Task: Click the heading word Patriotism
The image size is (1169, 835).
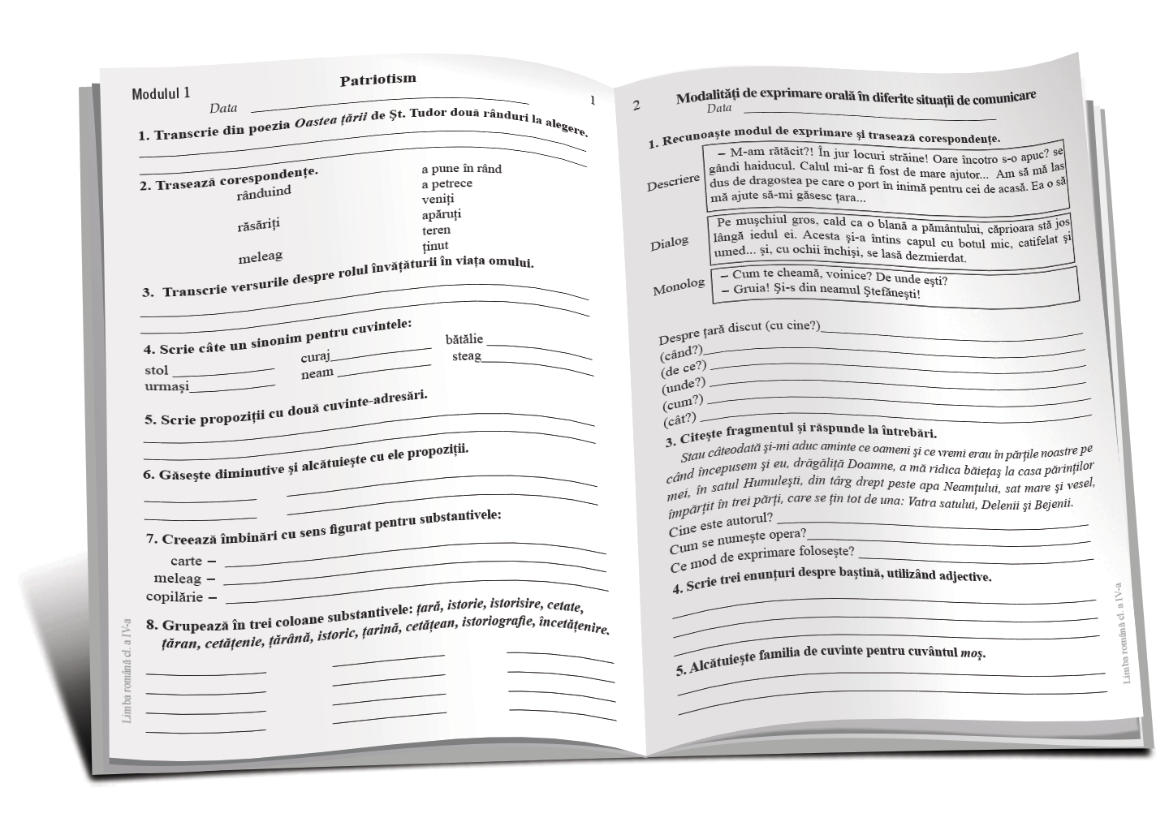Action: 377,79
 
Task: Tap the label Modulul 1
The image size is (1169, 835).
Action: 161,93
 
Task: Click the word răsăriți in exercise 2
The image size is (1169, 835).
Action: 264,224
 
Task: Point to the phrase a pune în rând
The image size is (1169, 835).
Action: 461,169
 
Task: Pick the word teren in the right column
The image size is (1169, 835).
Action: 436,230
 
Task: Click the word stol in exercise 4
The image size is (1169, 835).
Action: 157,370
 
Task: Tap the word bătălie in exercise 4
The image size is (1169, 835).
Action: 464,339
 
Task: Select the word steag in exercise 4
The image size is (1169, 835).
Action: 466,355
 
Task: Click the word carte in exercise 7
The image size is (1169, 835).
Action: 186,561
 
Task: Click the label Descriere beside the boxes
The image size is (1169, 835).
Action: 673,183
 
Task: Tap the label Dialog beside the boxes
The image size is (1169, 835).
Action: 669,243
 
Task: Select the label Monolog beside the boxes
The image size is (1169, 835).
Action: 679,286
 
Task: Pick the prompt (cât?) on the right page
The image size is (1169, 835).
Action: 680,419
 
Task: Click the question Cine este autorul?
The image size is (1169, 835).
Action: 720,524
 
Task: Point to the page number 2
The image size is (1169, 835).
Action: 636,105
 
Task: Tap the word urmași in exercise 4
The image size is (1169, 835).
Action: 166,386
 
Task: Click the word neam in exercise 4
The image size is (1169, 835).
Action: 317,373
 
